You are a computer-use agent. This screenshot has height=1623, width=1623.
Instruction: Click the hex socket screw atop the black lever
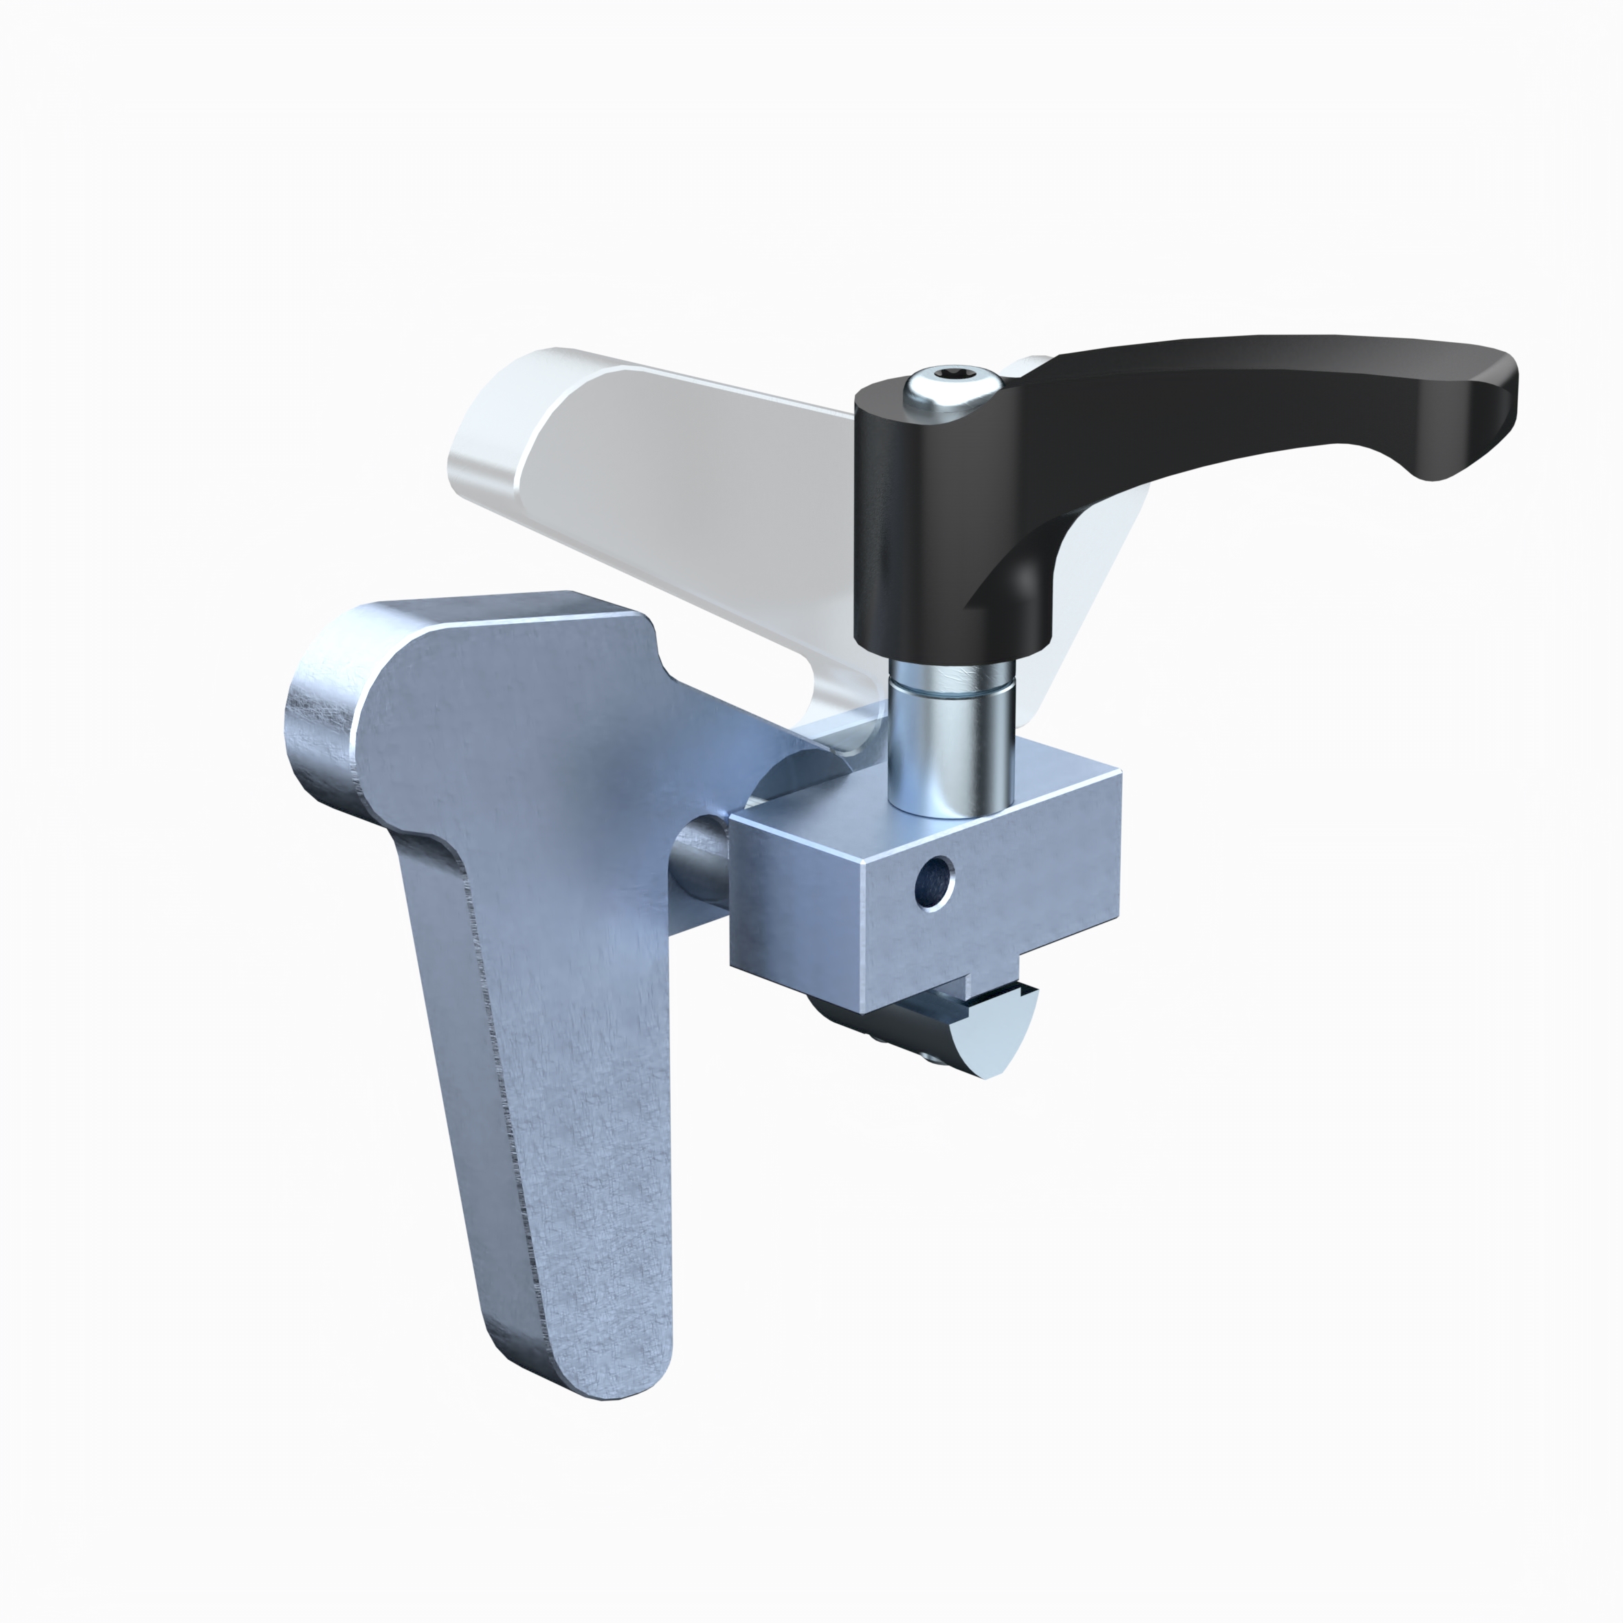pyautogui.click(x=951, y=388)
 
